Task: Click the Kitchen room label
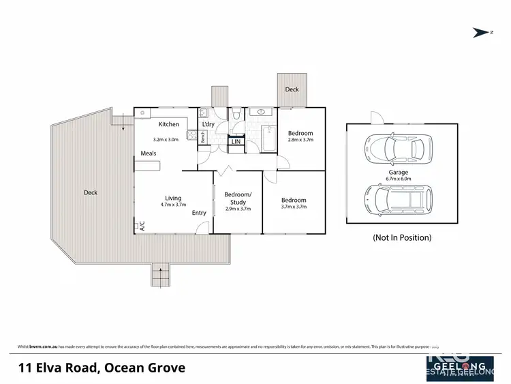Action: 168,124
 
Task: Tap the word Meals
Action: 149,153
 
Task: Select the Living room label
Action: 173,198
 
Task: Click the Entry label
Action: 198,213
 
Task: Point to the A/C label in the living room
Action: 142,226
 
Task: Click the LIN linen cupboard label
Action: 235,141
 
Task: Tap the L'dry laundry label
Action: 208,123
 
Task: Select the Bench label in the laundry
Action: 203,136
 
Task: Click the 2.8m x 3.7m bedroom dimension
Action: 300,140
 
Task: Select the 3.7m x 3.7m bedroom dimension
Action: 294,207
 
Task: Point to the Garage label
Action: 399,173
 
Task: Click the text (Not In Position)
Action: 401,238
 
